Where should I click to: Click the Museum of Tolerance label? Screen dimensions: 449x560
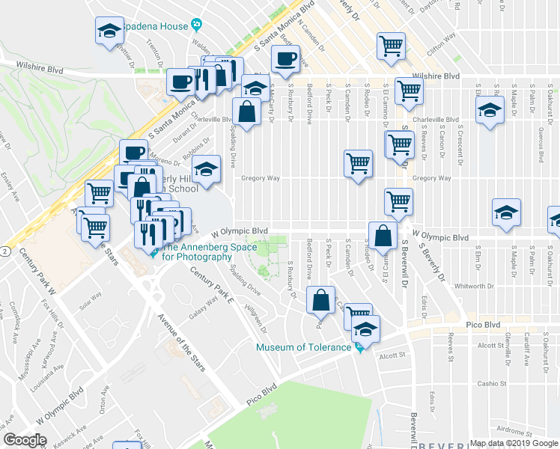point(303,347)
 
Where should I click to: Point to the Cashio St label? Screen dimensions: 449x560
point(493,383)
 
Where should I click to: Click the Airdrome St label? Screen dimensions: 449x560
point(502,432)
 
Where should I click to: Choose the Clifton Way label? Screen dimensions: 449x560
point(440,46)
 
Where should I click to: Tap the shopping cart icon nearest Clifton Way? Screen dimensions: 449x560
point(391,46)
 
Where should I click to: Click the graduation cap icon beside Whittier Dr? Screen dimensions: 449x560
point(109,31)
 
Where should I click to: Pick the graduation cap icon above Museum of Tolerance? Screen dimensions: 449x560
point(365,329)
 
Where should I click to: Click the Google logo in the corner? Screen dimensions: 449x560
point(25,440)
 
